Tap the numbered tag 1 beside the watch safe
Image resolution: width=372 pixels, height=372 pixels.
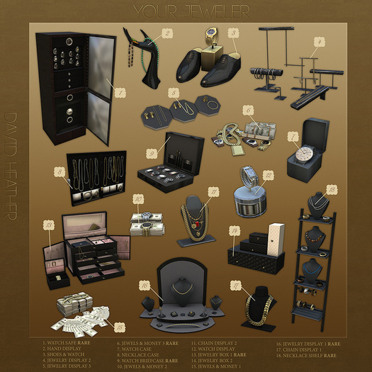pos(120,91)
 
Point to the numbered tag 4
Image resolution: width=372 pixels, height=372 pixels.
pos(321,43)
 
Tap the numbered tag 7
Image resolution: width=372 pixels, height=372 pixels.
pos(293,135)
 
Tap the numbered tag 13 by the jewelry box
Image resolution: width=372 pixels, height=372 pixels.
pos(49,226)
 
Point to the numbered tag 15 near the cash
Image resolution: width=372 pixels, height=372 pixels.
pos(120,327)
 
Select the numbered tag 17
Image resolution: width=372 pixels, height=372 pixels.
pos(235,285)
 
